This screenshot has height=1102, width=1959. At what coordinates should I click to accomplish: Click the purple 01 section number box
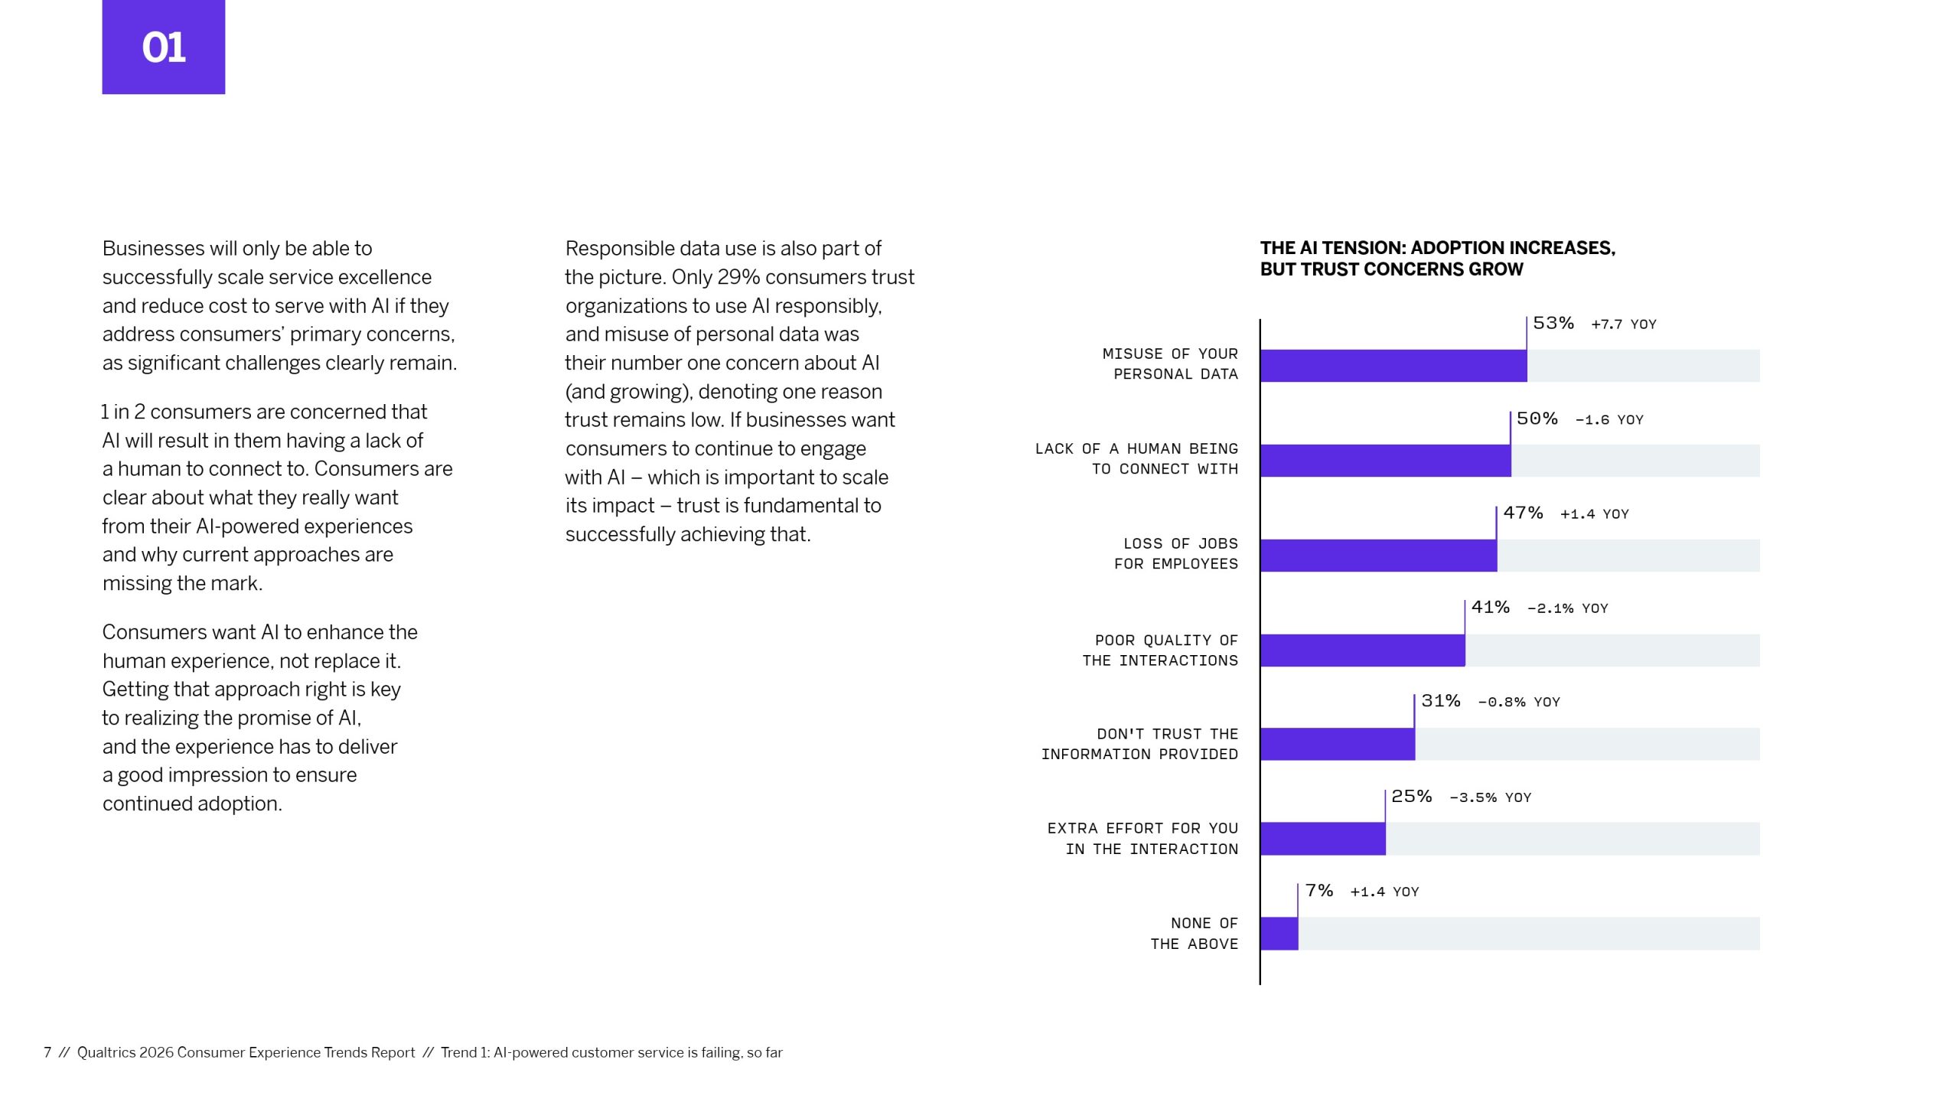point(163,47)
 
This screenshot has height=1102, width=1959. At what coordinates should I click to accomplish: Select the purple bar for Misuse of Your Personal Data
point(1393,366)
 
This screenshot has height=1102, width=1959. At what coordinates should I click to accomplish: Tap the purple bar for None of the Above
point(1279,933)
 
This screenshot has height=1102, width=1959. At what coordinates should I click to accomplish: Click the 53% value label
point(1553,323)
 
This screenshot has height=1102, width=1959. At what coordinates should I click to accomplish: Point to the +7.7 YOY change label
point(1623,324)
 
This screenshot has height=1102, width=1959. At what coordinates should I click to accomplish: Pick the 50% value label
point(1537,419)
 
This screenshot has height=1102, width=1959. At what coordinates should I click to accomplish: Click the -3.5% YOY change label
point(1490,797)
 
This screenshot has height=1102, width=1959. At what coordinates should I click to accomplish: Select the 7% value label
point(1318,891)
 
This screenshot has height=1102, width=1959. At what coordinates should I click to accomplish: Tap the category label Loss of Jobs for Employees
point(1175,553)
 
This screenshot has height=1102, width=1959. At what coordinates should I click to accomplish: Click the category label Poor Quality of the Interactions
point(1160,650)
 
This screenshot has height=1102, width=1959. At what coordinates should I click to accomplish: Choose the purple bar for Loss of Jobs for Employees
point(1378,556)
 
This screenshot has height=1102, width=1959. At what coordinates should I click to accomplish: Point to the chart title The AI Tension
point(1437,259)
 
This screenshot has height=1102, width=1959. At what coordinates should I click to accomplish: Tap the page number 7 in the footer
point(47,1052)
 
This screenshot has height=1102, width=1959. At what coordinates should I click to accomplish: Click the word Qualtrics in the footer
point(106,1052)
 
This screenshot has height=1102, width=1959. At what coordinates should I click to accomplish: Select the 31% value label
point(1440,701)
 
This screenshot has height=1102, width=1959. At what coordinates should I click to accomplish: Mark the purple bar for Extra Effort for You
point(1322,839)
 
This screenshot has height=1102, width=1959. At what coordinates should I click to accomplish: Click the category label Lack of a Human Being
point(1136,458)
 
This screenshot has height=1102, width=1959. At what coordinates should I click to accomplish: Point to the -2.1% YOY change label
point(1567,608)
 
